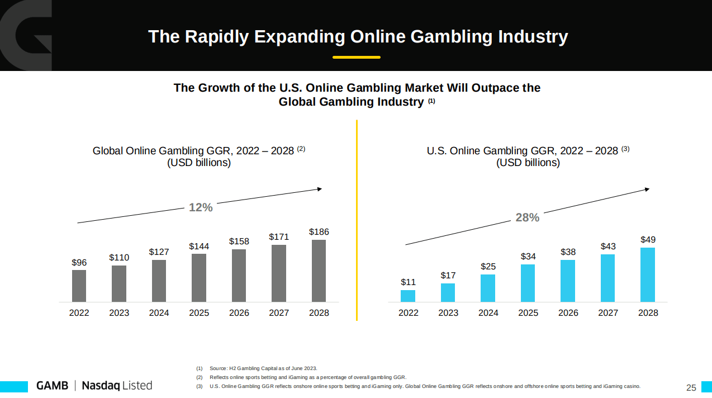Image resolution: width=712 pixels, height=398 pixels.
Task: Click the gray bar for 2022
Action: click(x=79, y=286)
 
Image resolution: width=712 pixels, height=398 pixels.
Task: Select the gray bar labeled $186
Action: click(x=319, y=271)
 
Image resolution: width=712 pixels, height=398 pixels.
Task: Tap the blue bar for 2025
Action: click(x=528, y=283)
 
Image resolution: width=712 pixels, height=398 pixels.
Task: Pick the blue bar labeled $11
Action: click(x=408, y=296)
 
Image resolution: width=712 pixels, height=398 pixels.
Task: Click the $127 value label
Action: click(x=159, y=252)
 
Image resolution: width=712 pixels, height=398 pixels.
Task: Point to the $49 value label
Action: click(x=648, y=240)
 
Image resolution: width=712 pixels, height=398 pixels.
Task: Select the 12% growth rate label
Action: click(x=201, y=207)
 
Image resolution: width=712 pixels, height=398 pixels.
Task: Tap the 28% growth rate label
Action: click(x=527, y=217)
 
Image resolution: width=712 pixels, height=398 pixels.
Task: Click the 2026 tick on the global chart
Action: click(x=239, y=313)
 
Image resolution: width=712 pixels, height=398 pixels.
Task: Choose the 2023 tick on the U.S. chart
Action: click(x=448, y=313)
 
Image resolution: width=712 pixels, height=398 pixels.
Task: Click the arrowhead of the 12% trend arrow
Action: click(x=320, y=189)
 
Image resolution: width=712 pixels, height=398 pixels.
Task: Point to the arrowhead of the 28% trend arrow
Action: click(x=647, y=189)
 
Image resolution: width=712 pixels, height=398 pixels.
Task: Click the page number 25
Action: click(x=691, y=388)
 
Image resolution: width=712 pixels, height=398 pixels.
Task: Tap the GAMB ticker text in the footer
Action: click(x=52, y=386)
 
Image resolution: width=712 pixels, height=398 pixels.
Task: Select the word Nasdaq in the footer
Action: click(x=100, y=386)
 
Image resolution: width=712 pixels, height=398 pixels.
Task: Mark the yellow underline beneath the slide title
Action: click(x=356, y=57)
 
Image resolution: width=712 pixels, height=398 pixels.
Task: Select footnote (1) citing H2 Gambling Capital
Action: click(x=257, y=368)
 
